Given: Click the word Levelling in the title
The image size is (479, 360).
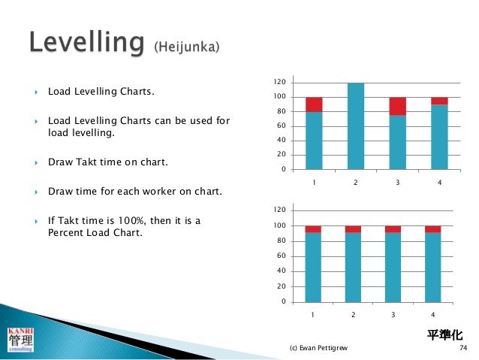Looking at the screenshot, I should click(x=86, y=44).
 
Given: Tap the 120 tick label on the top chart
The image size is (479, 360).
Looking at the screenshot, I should click(x=279, y=82).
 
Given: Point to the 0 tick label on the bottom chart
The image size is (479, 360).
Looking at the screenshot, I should click(x=282, y=302).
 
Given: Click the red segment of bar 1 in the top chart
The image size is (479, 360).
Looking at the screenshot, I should click(x=314, y=104).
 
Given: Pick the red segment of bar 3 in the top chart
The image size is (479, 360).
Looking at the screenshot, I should click(x=397, y=106).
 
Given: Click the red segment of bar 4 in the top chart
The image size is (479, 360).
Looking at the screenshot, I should click(x=438, y=101).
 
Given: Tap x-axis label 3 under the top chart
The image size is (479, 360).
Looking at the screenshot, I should click(x=397, y=182).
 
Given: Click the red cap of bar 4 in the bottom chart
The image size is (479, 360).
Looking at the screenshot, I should click(x=432, y=229).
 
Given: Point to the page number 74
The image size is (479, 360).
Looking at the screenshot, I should click(x=462, y=348).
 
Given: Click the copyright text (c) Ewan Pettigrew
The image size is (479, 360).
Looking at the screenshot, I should click(x=318, y=348).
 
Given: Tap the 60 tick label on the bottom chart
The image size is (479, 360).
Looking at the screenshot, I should click(x=280, y=256).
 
